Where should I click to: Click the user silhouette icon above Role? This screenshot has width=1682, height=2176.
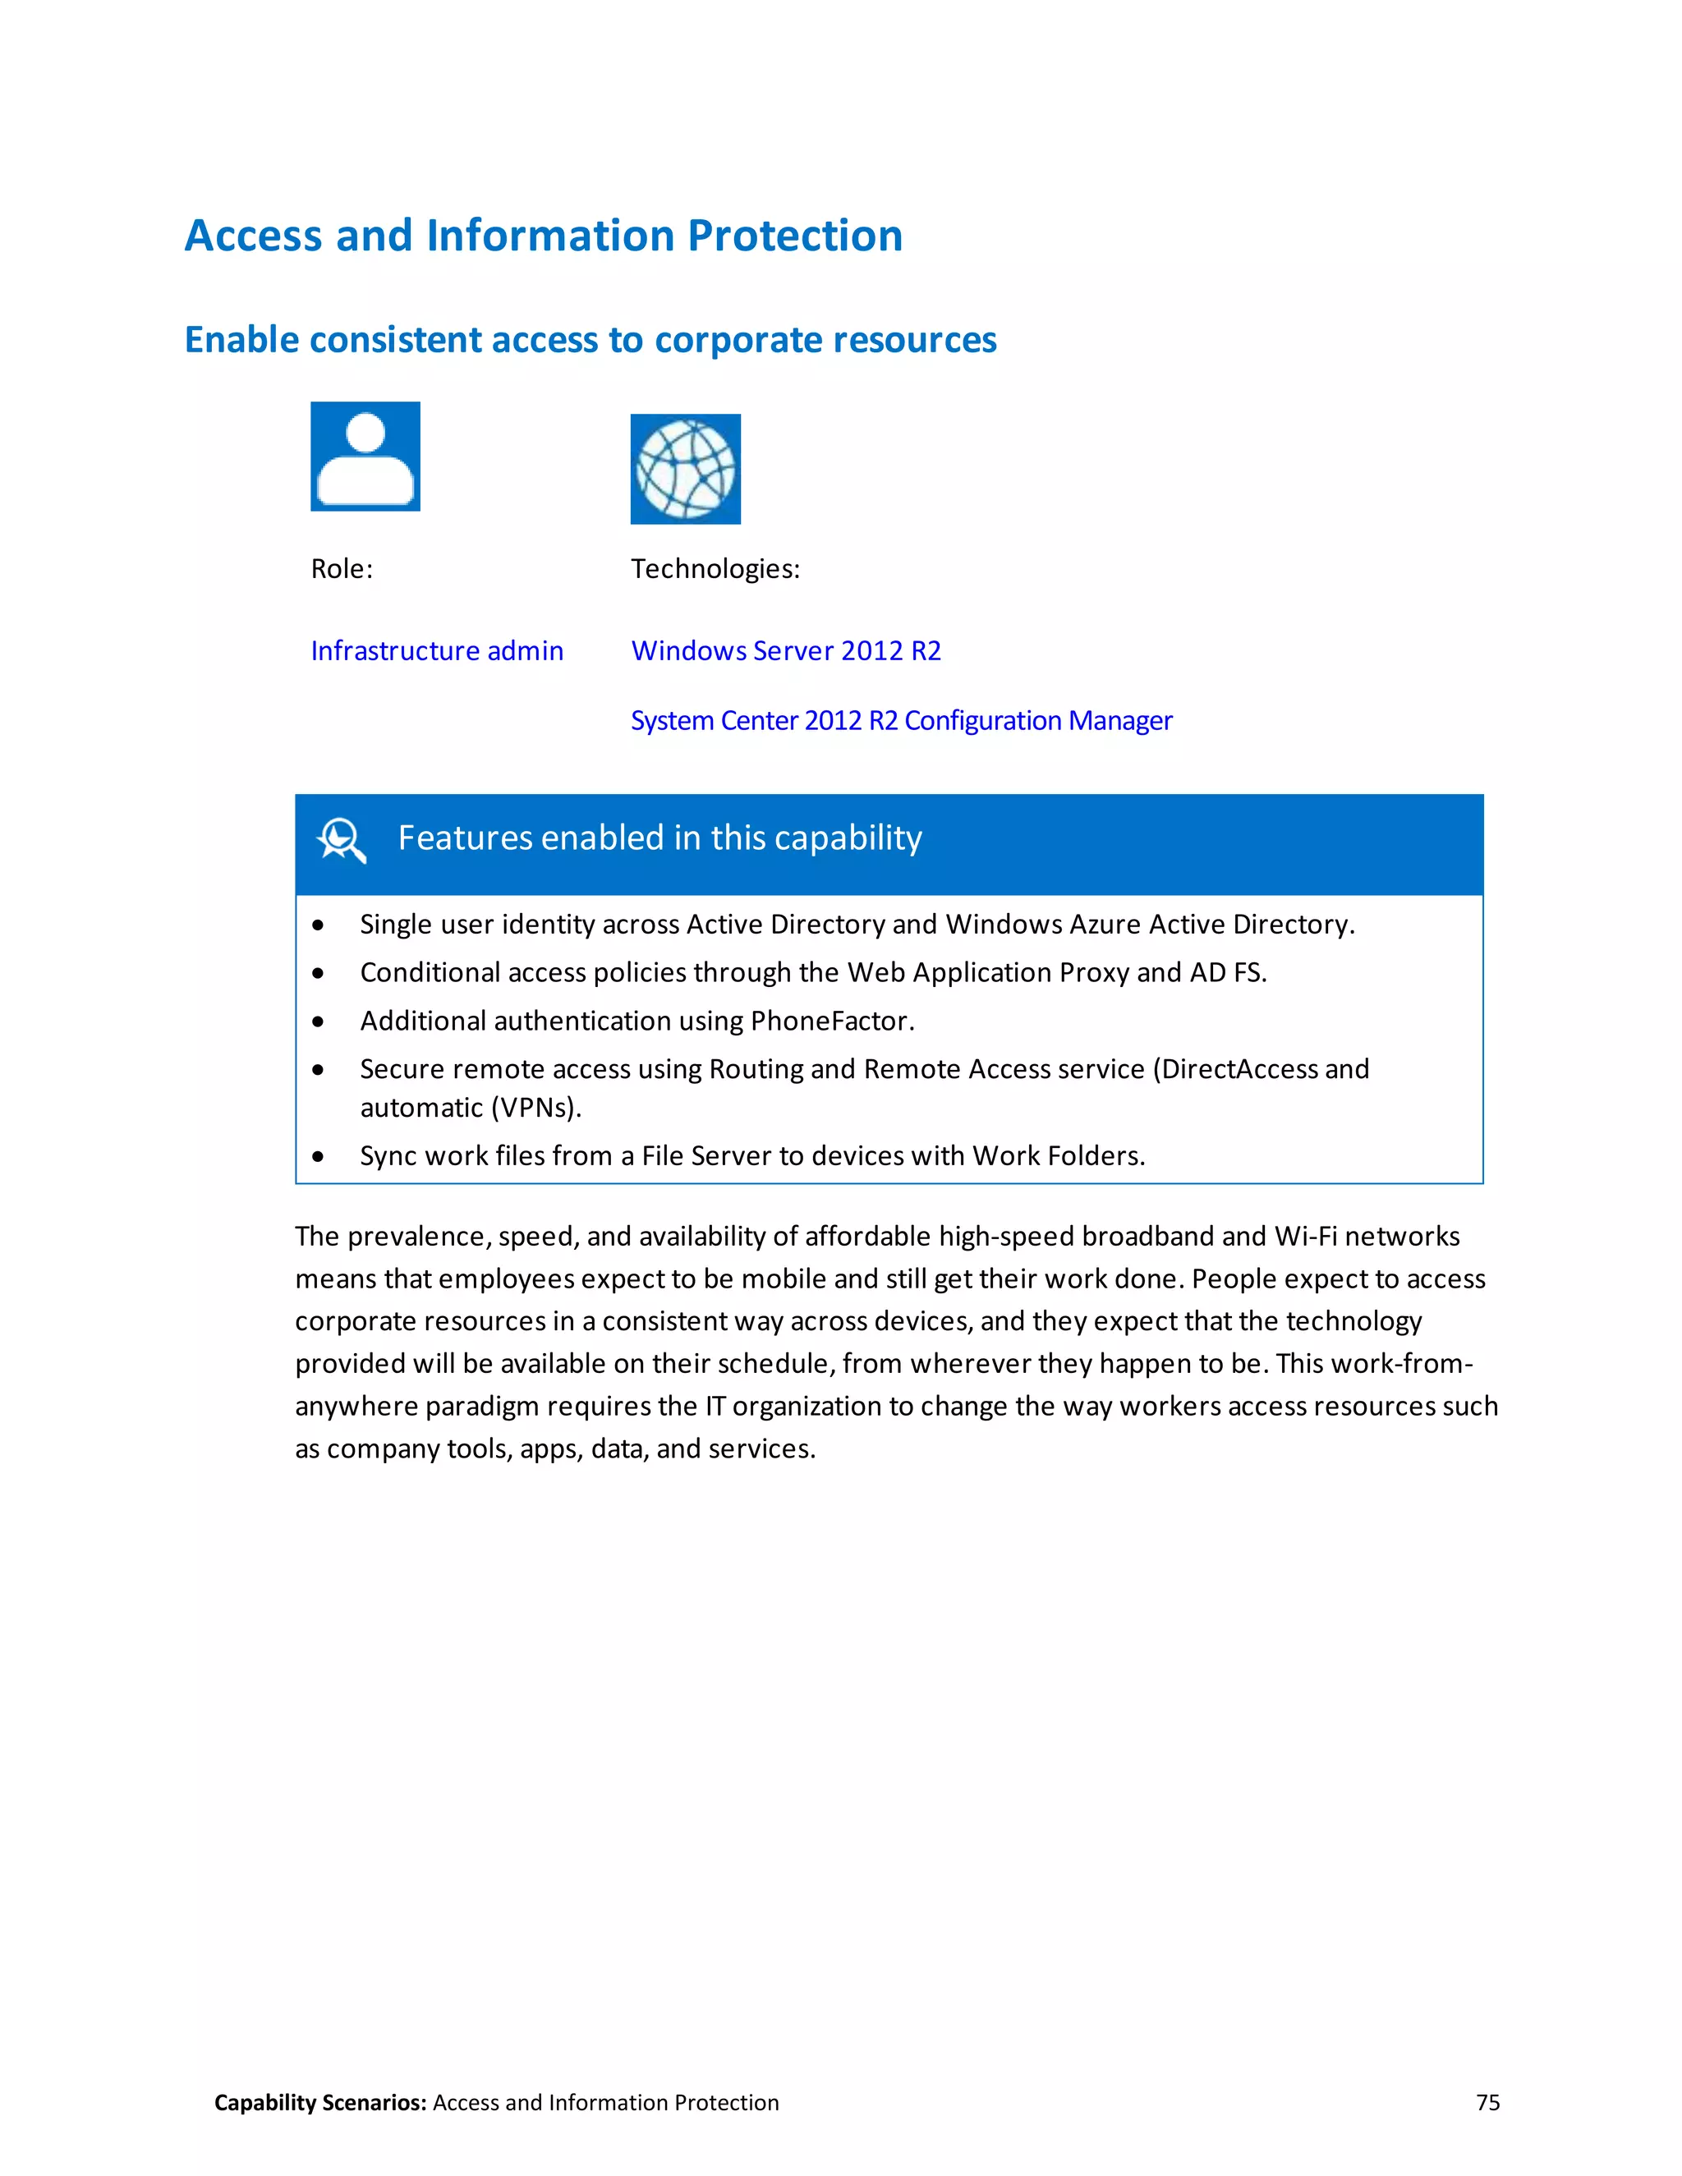pos(365,457)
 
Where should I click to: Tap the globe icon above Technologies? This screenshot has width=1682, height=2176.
pos(686,469)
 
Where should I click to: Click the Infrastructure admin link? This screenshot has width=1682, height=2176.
pos(436,650)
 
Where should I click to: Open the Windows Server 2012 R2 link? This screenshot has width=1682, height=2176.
pos(785,650)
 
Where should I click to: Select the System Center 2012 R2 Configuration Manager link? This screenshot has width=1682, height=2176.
pos(901,720)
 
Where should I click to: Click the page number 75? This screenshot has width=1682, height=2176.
pos(1487,2102)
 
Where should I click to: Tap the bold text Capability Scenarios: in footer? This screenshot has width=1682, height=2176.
pos(319,2102)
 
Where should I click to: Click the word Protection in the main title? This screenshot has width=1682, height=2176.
pos(794,236)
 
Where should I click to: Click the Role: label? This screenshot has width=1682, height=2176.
pos(342,569)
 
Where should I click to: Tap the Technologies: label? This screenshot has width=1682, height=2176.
pos(715,569)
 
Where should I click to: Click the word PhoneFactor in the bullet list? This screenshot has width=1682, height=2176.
pos(829,1021)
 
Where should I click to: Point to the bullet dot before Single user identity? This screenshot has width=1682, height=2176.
pos(318,925)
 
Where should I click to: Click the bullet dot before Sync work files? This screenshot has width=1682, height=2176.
pos(318,1157)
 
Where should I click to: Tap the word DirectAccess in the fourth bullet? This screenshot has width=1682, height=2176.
pos(1239,1069)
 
